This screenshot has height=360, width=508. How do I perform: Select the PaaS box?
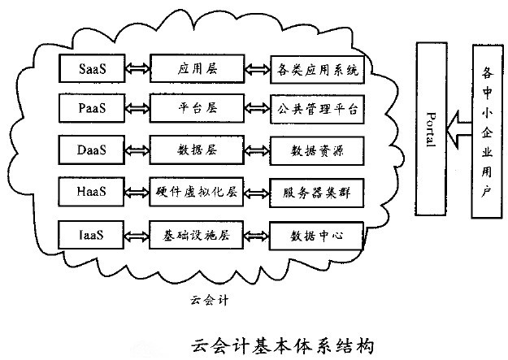pos(90,106)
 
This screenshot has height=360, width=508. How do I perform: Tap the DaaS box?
pos(90,150)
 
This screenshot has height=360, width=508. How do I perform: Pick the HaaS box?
pos(90,193)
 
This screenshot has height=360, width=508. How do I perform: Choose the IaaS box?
pos(90,236)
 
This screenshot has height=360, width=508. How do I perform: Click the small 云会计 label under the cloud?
pos(206,299)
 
